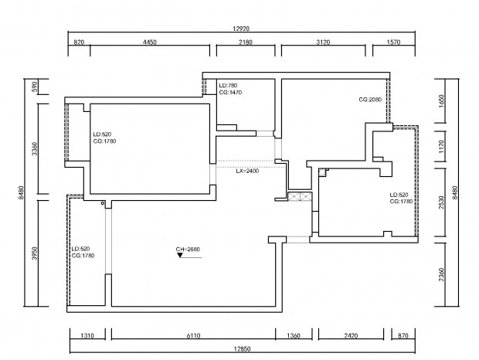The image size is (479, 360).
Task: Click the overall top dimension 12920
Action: coord(241,29)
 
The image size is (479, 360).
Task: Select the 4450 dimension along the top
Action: coord(150,42)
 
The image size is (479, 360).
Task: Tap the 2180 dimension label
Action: coord(246,42)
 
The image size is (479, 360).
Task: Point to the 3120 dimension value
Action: coord(323,42)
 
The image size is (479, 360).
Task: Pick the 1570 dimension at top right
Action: coord(393,42)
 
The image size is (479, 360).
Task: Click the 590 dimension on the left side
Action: coord(35,87)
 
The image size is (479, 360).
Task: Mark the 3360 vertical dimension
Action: coord(35,148)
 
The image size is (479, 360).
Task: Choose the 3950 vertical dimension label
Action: coord(35,253)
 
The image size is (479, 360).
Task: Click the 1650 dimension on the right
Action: coord(441,101)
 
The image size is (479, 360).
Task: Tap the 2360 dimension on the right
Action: coord(441,275)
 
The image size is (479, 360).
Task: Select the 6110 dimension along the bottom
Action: coord(193,336)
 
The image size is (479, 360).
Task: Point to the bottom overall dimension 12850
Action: coord(243,348)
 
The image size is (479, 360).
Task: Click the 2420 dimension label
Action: coord(351,336)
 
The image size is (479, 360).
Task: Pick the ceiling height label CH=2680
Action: coord(188,250)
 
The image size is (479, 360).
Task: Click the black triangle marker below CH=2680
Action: coord(180,255)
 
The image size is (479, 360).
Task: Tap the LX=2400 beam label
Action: coord(247,171)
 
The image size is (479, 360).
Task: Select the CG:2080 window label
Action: coord(370,100)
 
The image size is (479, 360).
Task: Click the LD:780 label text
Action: coord(228,86)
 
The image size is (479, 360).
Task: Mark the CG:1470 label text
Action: coord(230,92)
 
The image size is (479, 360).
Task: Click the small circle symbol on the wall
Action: coord(103,203)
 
